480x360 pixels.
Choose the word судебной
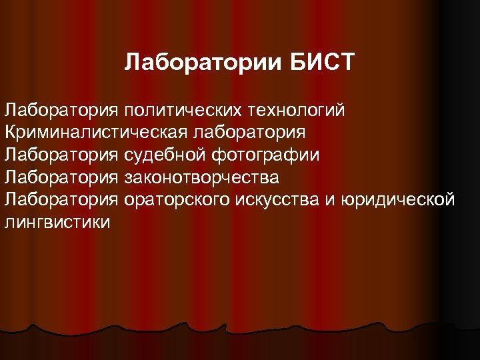[165, 155]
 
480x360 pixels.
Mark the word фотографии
[265, 155]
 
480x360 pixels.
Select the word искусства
[283, 200]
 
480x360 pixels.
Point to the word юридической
[398, 200]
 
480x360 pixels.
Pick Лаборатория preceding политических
[61, 109]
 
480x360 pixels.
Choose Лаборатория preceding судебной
[61, 155]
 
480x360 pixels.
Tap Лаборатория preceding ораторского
[61, 200]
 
